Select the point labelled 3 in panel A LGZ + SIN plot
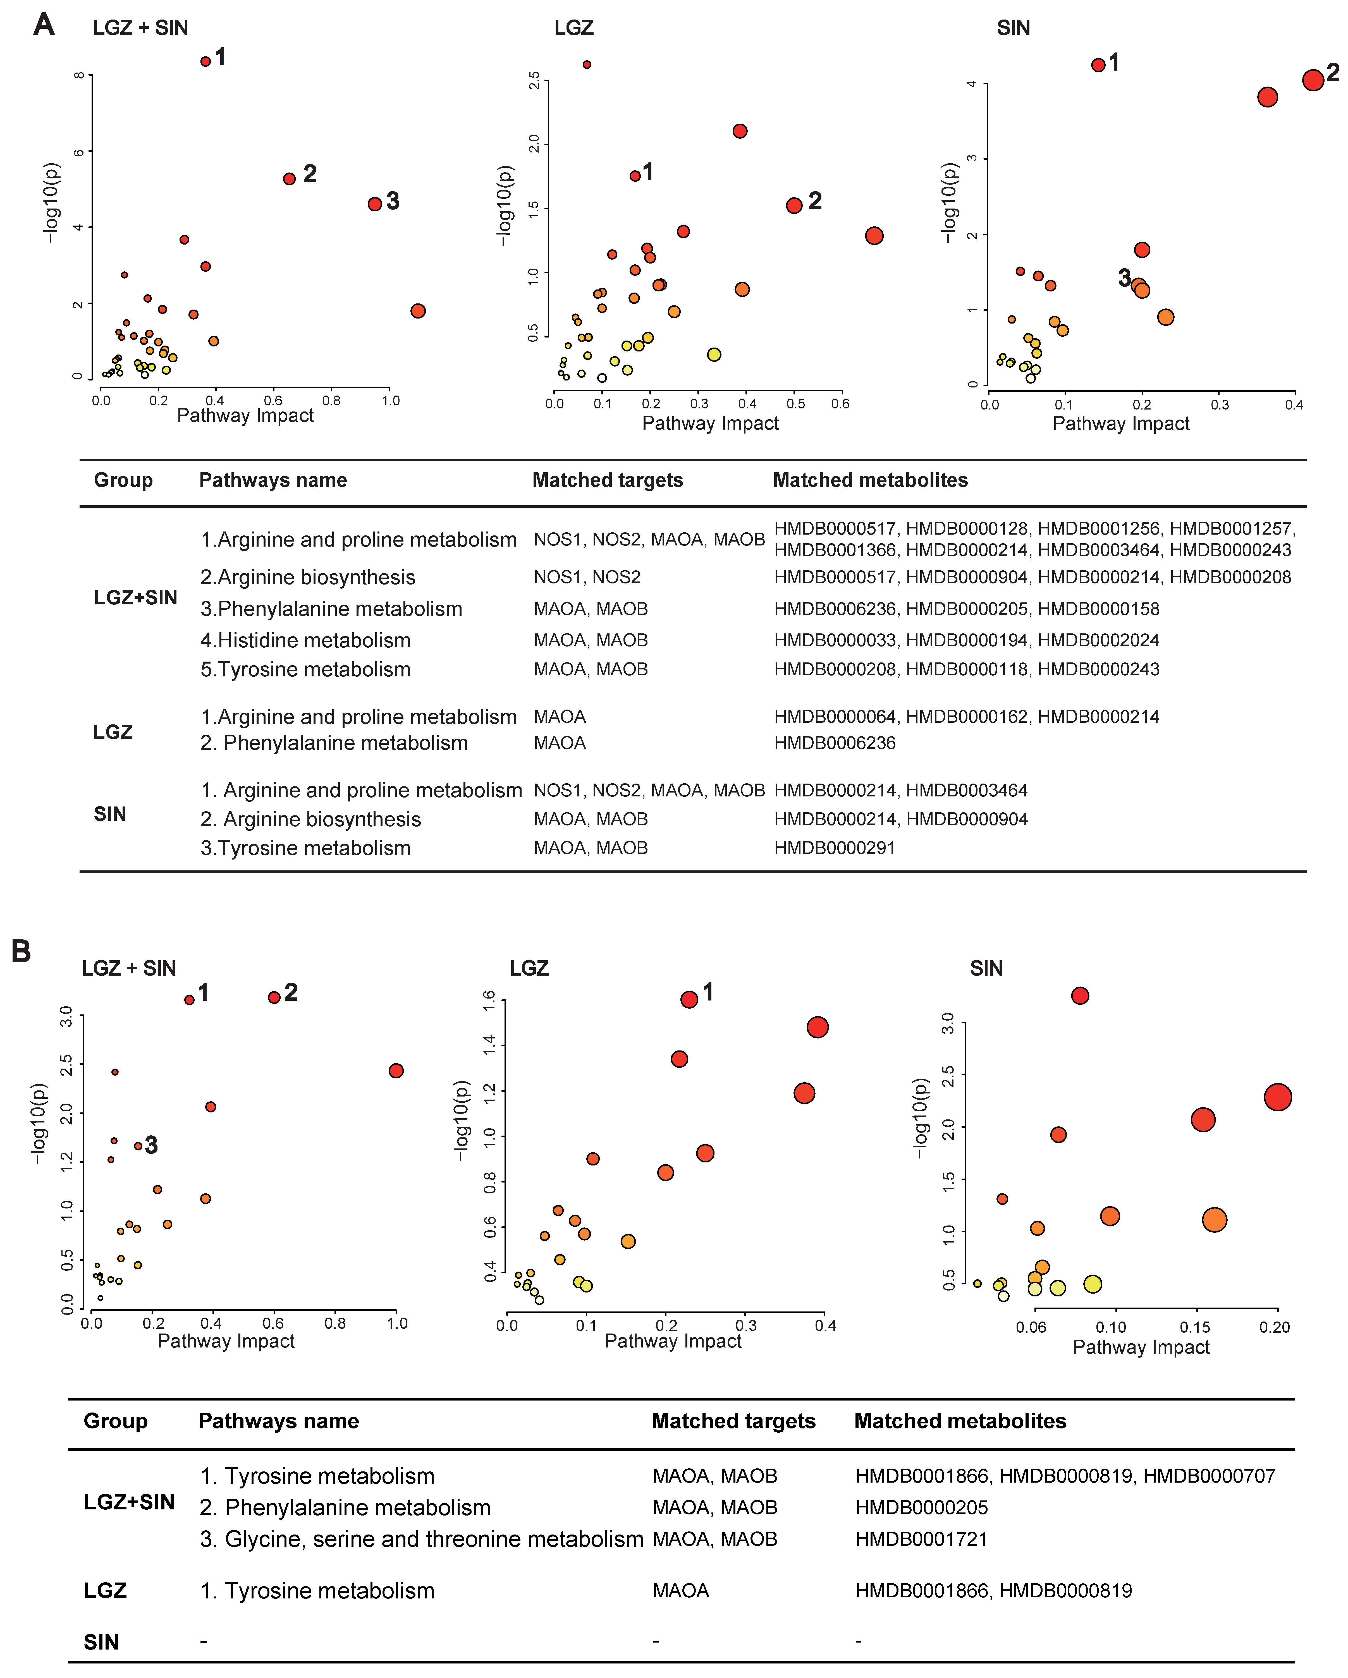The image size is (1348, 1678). coord(374,204)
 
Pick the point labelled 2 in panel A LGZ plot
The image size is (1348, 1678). coord(794,205)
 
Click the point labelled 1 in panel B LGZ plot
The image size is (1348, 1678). coord(689,999)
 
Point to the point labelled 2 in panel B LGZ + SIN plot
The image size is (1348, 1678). coord(274,998)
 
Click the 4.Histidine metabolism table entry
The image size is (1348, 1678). coord(305,641)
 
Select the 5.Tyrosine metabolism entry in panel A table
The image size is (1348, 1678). coord(305,669)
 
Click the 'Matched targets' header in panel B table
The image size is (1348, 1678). coord(733,1421)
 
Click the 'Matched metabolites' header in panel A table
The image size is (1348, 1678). coord(870,480)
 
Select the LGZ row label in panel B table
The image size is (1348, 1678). coord(105,1591)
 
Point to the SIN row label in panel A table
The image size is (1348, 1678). coord(110,814)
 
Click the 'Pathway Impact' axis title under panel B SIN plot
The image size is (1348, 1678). coord(1141,1347)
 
